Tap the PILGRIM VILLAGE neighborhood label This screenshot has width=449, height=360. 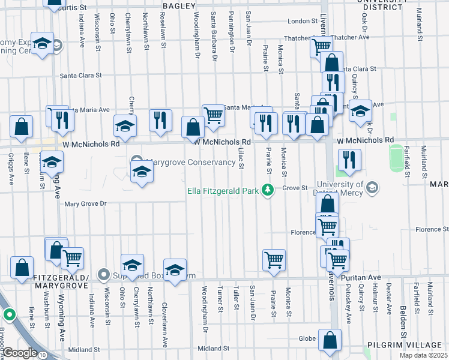pos(405,345)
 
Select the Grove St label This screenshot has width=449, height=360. pos(295,188)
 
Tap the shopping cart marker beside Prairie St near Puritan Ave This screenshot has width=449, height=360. pos(274,260)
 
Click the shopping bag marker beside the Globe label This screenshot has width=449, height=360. pos(330,340)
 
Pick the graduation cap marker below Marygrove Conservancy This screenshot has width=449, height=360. pos(141,172)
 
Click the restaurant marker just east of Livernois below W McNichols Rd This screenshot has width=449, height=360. pos(349,160)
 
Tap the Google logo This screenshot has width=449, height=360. pos(20,353)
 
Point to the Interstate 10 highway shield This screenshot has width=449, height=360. pos(42,355)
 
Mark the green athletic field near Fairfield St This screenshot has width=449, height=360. pos(396,157)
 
